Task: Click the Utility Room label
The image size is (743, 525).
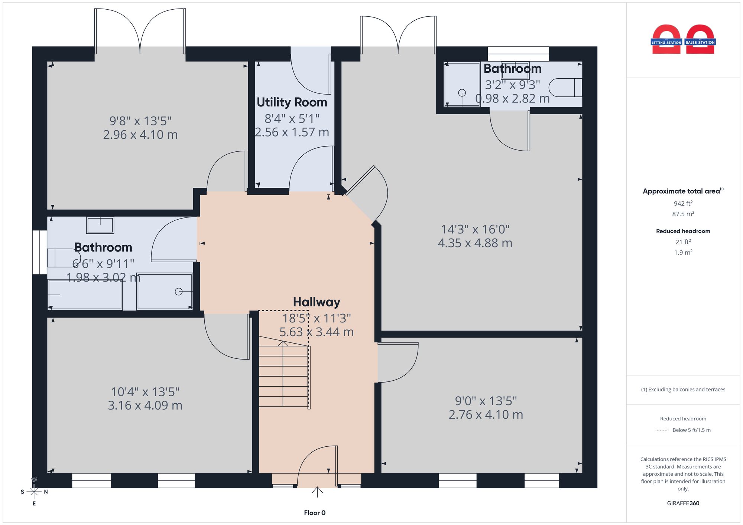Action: click(x=292, y=102)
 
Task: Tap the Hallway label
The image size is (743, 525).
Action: click(x=317, y=302)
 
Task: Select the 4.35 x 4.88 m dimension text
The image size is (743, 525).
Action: click(x=475, y=243)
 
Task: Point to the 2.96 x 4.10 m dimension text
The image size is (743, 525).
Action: click(x=140, y=134)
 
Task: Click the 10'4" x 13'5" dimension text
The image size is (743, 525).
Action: click(x=145, y=392)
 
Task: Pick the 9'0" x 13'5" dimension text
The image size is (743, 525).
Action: click(x=486, y=401)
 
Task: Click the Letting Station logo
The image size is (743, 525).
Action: click(x=666, y=40)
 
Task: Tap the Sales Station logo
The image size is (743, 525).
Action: click(x=700, y=40)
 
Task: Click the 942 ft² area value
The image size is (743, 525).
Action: click(x=683, y=203)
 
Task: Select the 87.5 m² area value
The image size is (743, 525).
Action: click(x=683, y=214)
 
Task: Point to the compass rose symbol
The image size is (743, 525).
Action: click(x=34, y=492)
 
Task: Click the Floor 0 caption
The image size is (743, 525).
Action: click(x=315, y=513)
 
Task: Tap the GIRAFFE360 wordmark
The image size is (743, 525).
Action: click(x=683, y=503)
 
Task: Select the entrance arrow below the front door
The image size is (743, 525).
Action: click(x=317, y=492)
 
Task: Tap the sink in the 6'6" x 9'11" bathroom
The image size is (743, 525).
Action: click(x=100, y=225)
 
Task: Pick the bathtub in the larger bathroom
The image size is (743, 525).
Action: click(x=85, y=295)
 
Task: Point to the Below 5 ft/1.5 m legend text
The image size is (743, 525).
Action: click(x=691, y=430)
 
